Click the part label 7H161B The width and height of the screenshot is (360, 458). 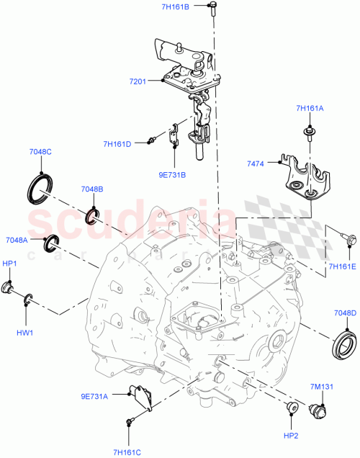coord(174,7)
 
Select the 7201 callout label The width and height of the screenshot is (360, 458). coord(138,81)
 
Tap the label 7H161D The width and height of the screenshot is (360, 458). coord(117,144)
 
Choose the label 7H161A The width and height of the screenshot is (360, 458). coord(310,109)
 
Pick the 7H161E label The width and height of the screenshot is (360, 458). coord(343,266)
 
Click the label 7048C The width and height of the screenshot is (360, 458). coord(40,152)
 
